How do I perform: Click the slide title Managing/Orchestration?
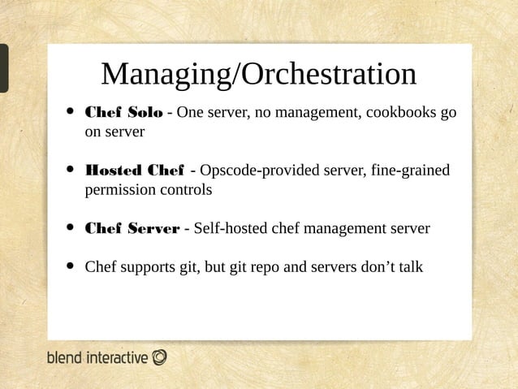click(258, 74)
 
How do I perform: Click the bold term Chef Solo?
click(123, 112)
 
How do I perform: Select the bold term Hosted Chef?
click(134, 170)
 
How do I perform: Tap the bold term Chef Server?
click(132, 228)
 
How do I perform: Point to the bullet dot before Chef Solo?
click(71, 112)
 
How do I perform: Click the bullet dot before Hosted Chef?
click(71, 170)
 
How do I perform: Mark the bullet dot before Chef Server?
click(71, 228)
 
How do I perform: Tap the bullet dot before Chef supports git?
click(71, 266)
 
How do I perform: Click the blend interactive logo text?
click(97, 357)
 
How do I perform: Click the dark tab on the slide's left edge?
click(4, 68)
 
